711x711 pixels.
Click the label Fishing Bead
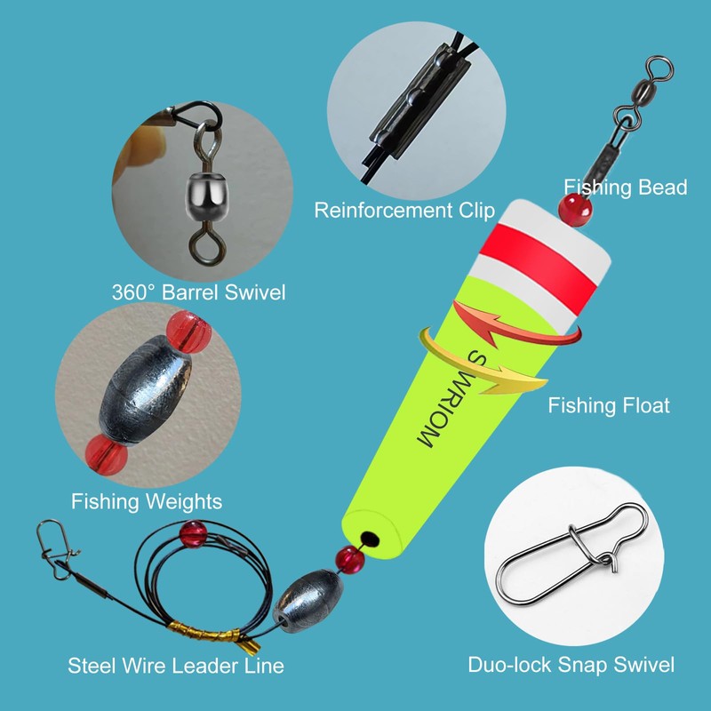(x=626, y=187)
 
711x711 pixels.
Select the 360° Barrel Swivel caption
(x=199, y=292)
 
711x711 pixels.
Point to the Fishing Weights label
(x=147, y=501)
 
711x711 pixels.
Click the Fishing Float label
(x=609, y=406)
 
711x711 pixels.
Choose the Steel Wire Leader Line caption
(x=177, y=665)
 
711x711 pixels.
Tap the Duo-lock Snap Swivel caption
(x=571, y=664)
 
